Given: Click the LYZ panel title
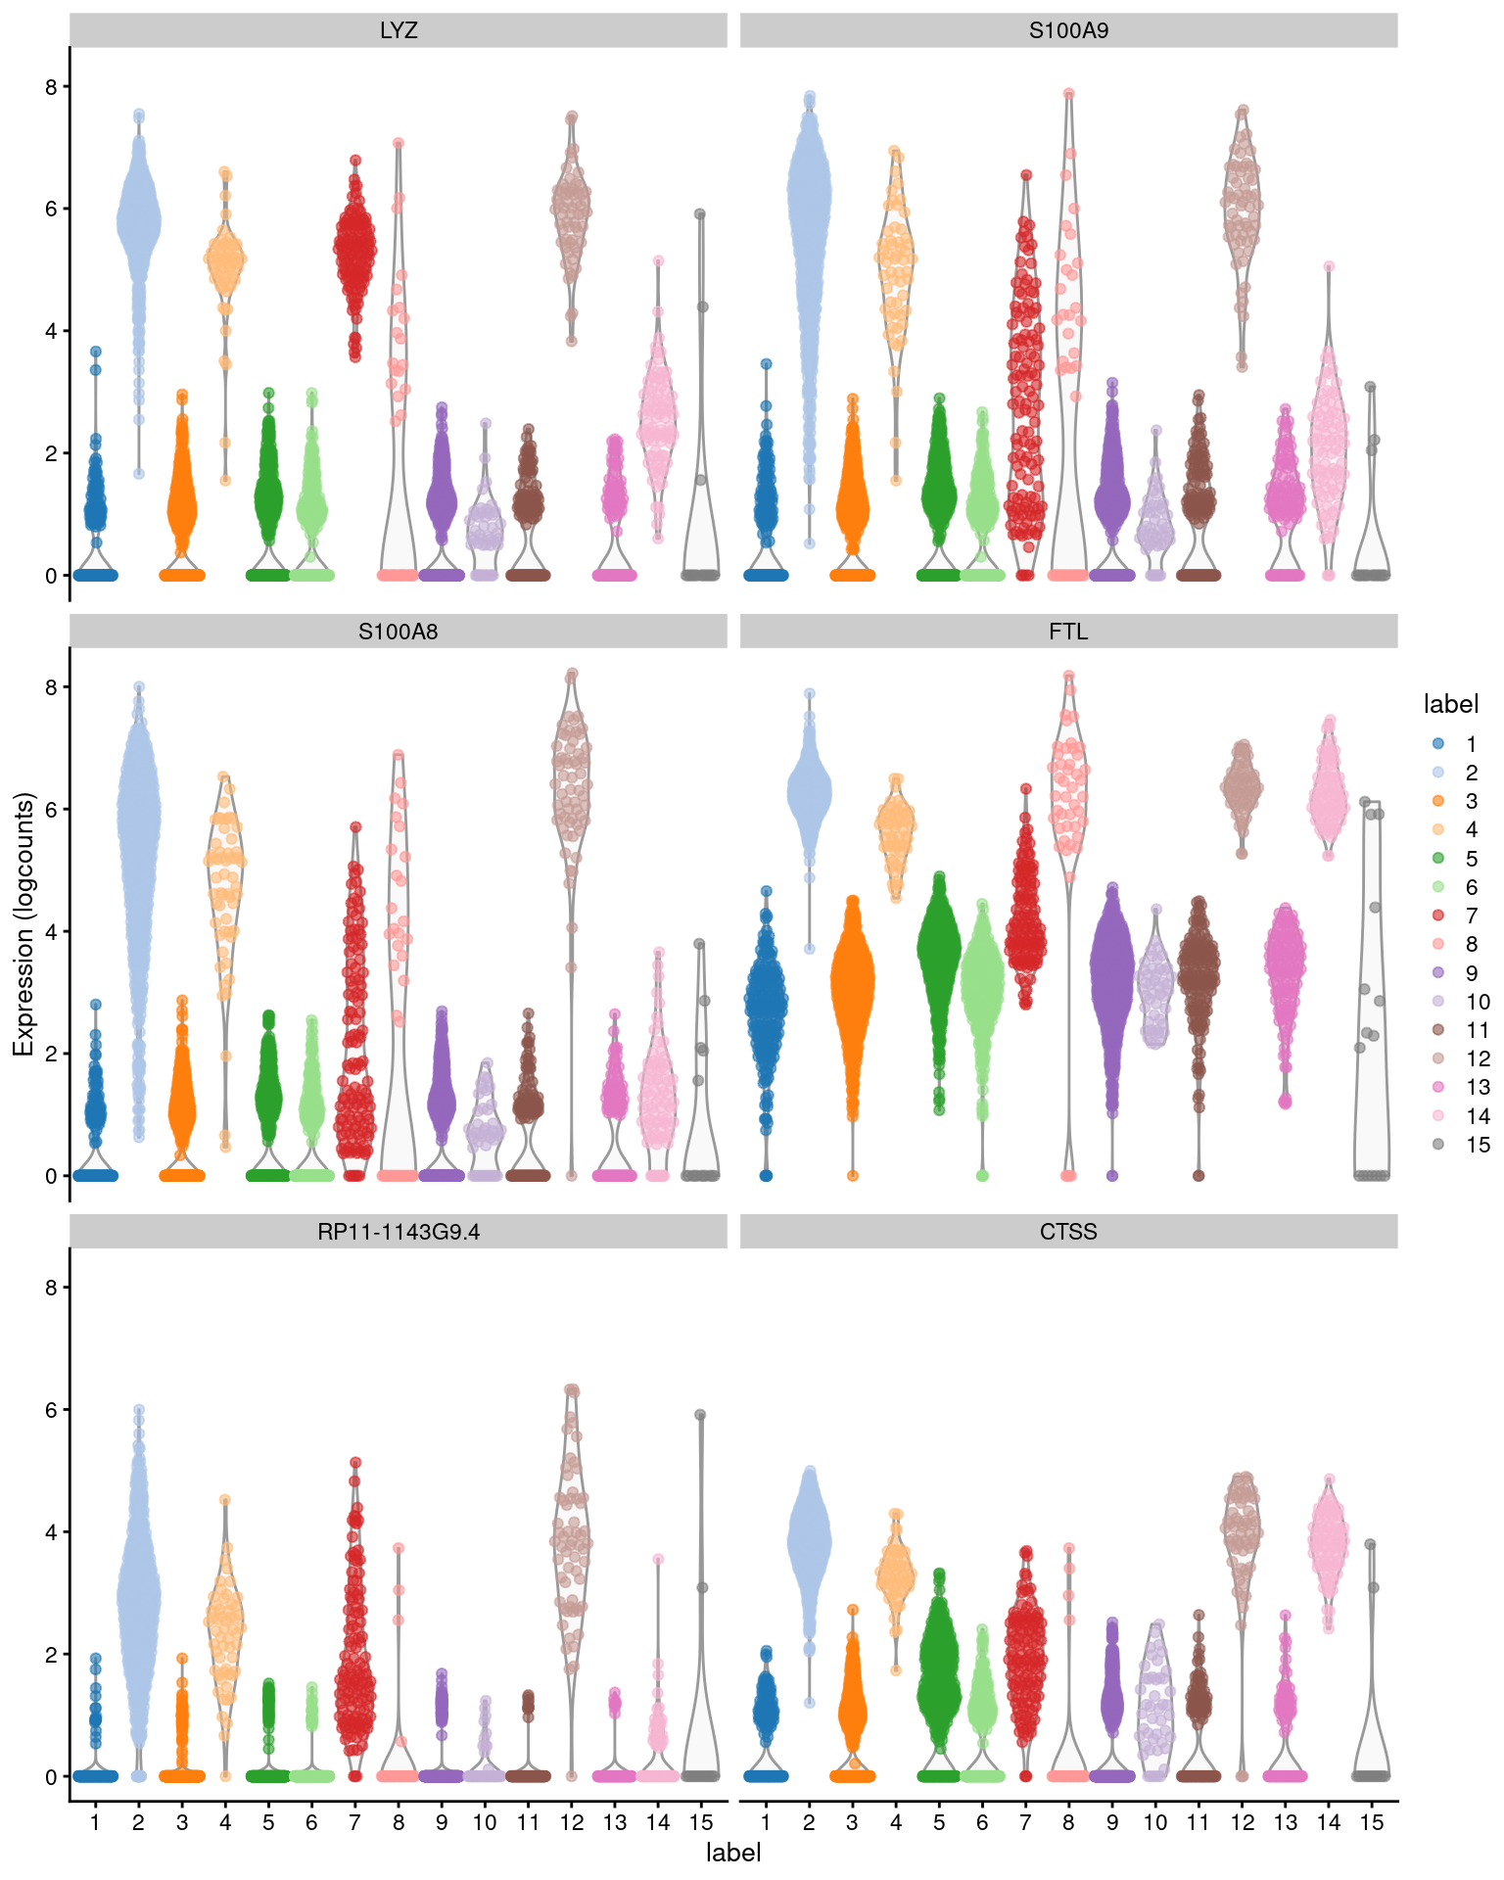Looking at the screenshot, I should click(399, 30).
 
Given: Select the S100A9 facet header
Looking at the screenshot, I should click(1068, 30).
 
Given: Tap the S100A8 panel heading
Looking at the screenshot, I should click(399, 632).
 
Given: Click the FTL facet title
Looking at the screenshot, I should click(1068, 632).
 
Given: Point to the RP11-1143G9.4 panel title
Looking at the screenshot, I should click(399, 1232).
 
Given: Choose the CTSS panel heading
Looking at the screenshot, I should click(1068, 1232).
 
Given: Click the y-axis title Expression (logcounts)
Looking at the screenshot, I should click(23, 924).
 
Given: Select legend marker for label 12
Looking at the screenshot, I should click(1437, 1058).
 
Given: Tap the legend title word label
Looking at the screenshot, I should click(1450, 704).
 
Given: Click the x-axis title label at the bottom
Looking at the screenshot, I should click(733, 1853).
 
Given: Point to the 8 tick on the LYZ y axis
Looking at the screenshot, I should click(51, 86).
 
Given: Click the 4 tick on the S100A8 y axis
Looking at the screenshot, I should click(51, 931).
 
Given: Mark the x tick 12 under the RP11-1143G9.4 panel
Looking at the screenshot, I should click(572, 1822).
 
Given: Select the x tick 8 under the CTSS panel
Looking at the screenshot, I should click(1068, 1822).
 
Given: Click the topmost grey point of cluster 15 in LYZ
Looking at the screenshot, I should click(700, 214).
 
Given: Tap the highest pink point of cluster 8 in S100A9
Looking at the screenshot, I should click(1069, 94).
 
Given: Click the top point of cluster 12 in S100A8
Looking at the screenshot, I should click(573, 674).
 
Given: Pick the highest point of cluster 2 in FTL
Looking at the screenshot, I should click(810, 693).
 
